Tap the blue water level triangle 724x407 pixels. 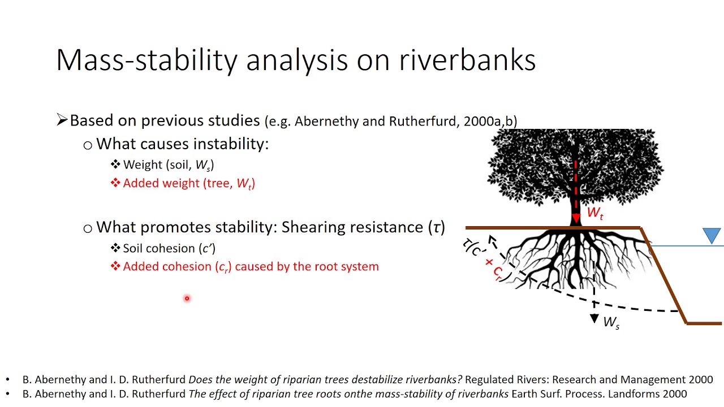click(712, 235)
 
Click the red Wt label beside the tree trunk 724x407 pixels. click(594, 213)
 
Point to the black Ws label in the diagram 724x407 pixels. click(611, 323)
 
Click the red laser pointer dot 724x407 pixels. click(187, 298)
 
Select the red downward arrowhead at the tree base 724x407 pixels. click(576, 218)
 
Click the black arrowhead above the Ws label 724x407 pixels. click(594, 319)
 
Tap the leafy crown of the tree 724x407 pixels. click(575, 164)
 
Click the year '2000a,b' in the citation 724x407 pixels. click(487, 121)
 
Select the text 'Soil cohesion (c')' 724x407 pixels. click(169, 248)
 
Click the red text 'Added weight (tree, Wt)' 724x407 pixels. click(189, 183)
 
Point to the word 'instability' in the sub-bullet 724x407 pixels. click(231, 144)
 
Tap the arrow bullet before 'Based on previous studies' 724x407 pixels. click(62, 120)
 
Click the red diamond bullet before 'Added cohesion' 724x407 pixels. click(115, 266)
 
